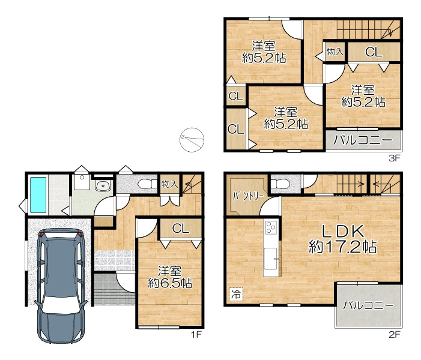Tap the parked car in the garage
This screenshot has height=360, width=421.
(61, 286)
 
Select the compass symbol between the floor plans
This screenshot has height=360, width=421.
(192, 140)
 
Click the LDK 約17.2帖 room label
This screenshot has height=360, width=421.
(342, 239)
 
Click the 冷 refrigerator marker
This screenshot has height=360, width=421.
(236, 293)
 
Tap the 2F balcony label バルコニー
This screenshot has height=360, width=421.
(368, 305)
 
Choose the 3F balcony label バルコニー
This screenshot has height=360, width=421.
(363, 140)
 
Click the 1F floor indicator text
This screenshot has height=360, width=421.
(196, 334)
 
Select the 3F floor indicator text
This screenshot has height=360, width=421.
(395, 158)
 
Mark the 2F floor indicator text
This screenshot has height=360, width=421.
(395, 334)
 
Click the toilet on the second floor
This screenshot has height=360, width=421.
(280, 184)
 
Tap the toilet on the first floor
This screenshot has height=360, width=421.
(147, 184)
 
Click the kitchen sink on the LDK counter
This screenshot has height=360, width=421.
(271, 258)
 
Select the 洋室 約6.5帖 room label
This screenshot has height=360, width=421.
(170, 277)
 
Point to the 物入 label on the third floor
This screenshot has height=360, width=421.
(335, 52)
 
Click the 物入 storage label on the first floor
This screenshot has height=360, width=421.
(170, 184)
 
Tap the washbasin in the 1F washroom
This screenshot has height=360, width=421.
(103, 185)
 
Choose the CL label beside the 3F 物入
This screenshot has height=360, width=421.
(374, 52)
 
